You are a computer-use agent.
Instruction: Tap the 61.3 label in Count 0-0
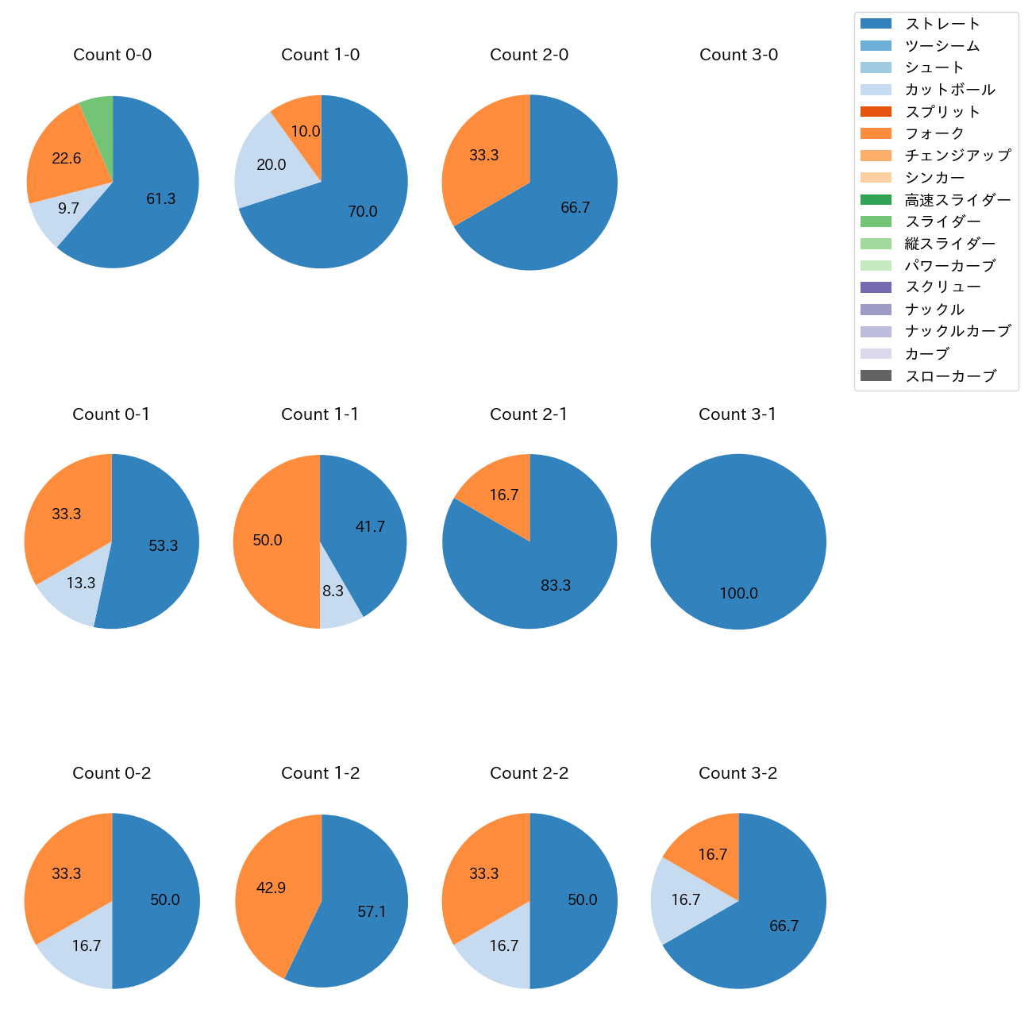161,199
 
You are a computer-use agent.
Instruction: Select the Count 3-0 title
738,55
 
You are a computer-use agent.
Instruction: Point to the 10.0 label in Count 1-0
306,132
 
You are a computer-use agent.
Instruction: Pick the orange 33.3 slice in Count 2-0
484,156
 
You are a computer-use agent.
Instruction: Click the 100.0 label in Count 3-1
739,594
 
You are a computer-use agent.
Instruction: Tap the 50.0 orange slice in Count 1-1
268,541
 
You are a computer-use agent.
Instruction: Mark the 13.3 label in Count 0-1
81,583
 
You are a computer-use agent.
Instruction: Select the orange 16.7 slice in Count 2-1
504,495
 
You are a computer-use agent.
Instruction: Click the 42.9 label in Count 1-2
271,888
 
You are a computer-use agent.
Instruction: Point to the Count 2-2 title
529,773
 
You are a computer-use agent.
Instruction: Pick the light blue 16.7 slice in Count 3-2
686,900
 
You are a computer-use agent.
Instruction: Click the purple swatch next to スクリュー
876,287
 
